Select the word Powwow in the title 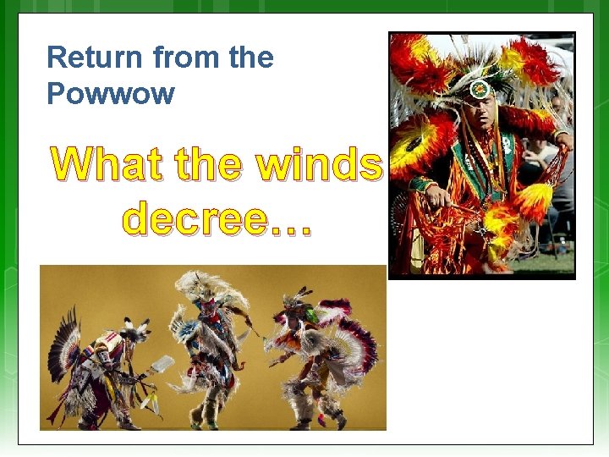tap(111, 93)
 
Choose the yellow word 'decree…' tap(217, 218)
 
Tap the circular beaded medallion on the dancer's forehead tap(480, 89)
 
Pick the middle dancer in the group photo tap(207, 347)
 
